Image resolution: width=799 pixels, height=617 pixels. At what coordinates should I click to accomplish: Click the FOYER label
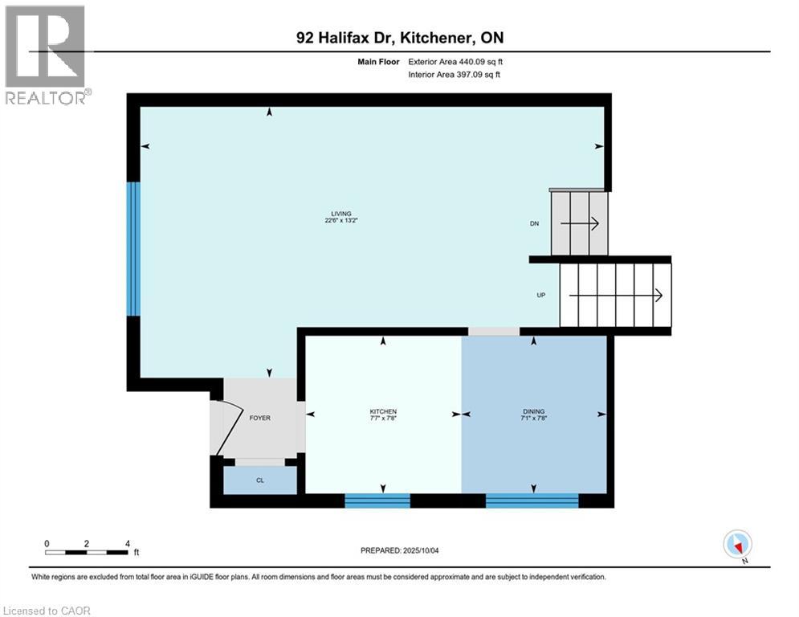(259, 419)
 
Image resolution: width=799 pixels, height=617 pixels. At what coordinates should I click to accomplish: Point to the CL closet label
(259, 480)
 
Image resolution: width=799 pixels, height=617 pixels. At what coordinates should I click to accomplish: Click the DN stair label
(533, 224)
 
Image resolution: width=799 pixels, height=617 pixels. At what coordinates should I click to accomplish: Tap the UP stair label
(541, 296)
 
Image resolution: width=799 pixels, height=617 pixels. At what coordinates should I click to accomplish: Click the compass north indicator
(736, 545)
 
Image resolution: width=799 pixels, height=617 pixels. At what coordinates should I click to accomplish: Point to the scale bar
(87, 552)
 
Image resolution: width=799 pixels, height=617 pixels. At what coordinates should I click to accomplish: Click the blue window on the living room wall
(133, 248)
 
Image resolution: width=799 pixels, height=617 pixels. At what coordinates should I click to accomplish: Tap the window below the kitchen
(377, 501)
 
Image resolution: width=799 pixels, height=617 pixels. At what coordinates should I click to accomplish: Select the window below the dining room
(532, 501)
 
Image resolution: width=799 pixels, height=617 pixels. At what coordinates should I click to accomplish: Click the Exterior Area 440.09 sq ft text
(455, 61)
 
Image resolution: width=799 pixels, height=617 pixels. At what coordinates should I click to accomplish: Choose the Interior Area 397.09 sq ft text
(455, 75)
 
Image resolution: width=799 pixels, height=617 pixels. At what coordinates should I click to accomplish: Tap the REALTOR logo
(45, 55)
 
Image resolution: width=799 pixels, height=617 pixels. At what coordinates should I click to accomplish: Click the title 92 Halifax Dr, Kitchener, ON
(399, 38)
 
